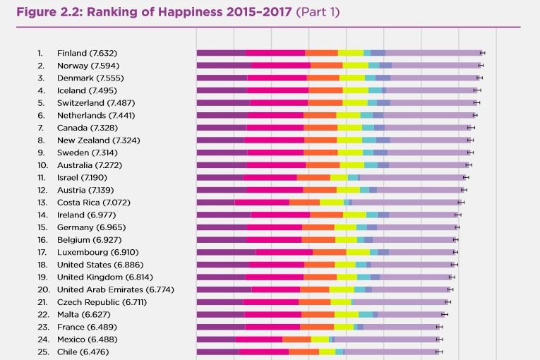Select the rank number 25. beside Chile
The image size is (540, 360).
coord(43,352)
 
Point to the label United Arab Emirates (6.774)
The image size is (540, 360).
coord(116,289)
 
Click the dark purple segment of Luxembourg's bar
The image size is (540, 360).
coord(226,252)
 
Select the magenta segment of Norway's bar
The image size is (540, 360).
coord(281,66)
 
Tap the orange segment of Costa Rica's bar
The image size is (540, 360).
coord(304,203)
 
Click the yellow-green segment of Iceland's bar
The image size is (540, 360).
coord(356,90)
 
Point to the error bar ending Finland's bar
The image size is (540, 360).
coord(482,53)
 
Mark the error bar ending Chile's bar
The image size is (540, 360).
coord(439,352)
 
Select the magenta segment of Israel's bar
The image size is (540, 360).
coord(270,177)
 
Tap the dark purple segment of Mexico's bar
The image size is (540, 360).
coord(215,340)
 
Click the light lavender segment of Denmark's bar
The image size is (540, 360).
coord(433,78)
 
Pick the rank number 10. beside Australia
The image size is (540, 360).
coord(43,164)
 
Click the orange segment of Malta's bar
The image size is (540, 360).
coord(318,314)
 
